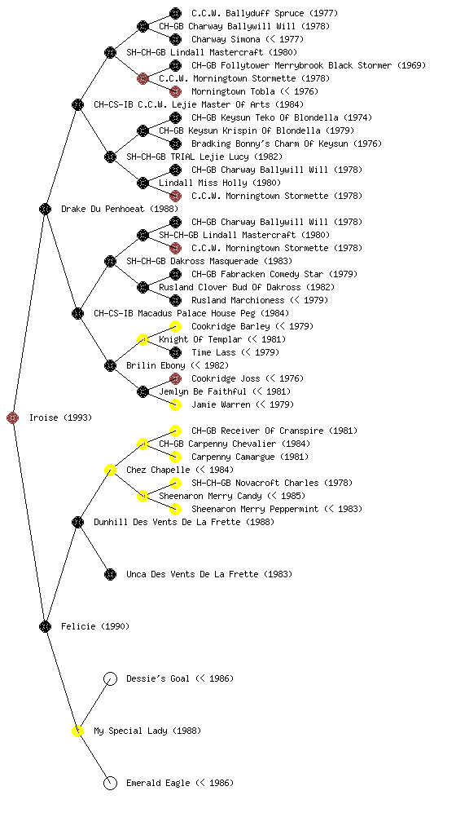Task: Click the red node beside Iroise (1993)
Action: [x=13, y=417]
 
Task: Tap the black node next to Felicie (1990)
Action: [x=45, y=626]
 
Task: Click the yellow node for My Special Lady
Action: [x=77, y=731]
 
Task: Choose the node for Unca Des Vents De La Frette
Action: [x=110, y=574]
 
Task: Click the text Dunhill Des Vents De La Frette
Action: [x=167, y=522]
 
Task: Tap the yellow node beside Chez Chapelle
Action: [x=110, y=470]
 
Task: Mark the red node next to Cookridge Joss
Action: [x=175, y=378]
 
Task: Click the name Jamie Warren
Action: [x=221, y=404]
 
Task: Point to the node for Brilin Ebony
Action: [x=110, y=365]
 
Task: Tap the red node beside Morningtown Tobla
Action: [x=175, y=91]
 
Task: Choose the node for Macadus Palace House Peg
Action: [x=77, y=313]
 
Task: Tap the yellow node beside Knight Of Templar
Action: [x=142, y=339]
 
